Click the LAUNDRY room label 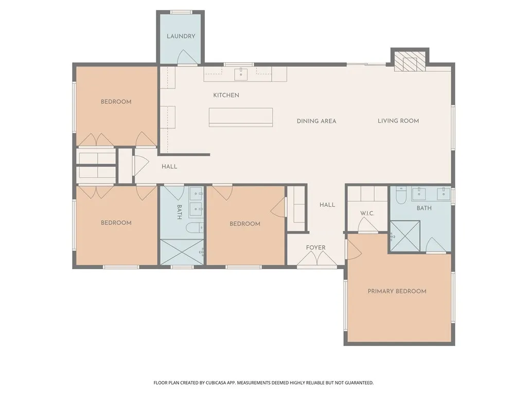(x=181, y=36)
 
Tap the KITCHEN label (x=226, y=95)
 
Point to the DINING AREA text (x=317, y=121)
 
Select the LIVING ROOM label (x=398, y=121)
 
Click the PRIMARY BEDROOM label (x=397, y=291)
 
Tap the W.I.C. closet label (x=367, y=213)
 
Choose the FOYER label (x=315, y=247)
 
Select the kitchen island (x=241, y=117)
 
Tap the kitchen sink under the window (x=241, y=74)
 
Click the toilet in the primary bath (x=401, y=195)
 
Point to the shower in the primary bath (x=405, y=236)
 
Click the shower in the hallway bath (x=182, y=252)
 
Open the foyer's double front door (x=317, y=259)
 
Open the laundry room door (x=187, y=57)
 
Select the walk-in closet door (x=367, y=225)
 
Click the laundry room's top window (x=181, y=12)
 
